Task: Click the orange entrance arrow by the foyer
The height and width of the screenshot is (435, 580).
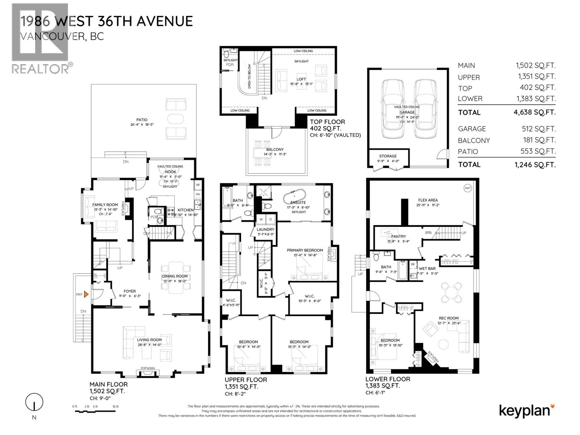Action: [86, 294]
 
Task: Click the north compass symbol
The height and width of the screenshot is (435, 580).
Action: [34, 402]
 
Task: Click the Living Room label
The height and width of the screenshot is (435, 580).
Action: [149, 340]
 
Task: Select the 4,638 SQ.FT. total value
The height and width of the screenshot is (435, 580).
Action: [534, 112]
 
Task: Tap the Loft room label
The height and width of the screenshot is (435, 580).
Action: [301, 79]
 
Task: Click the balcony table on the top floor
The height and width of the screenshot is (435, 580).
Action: [265, 153]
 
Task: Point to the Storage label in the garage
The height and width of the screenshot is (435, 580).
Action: [388, 156]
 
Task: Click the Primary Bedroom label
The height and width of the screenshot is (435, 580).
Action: [304, 250]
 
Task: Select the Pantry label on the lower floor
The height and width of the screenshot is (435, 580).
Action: [398, 236]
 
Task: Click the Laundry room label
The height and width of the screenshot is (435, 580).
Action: [265, 229]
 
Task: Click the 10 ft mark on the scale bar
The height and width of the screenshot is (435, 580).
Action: [115, 407]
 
